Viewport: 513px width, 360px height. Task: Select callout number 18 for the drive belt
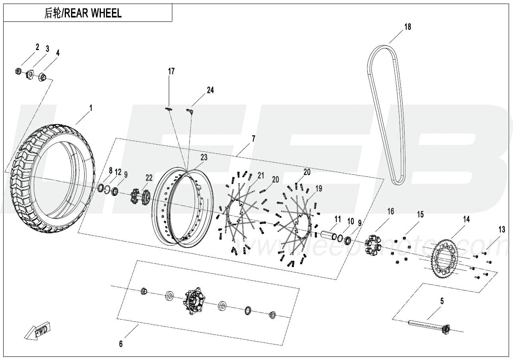407,27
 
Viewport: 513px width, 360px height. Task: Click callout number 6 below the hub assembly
121,344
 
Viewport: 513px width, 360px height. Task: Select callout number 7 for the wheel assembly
253,139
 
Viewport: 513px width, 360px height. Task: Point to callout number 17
171,72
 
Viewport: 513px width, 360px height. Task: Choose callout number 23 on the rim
204,157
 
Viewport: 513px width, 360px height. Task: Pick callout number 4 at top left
58,53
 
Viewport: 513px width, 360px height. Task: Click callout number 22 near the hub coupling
148,178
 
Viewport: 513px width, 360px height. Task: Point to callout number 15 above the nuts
420,215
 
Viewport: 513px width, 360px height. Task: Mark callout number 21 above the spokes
260,175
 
